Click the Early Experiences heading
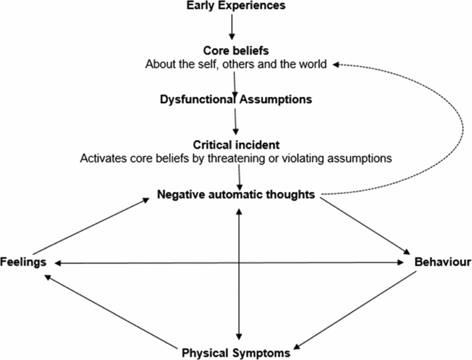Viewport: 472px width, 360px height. click(235, 6)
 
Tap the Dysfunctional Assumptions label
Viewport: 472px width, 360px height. click(235, 99)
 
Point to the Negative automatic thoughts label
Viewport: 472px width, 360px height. click(236, 195)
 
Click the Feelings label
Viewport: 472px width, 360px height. click(24, 262)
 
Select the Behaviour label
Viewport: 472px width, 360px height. click(443, 262)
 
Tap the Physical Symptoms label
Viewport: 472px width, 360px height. click(235, 352)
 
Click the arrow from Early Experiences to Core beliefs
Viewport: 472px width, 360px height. click(231, 27)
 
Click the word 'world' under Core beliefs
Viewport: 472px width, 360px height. click(314, 65)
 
